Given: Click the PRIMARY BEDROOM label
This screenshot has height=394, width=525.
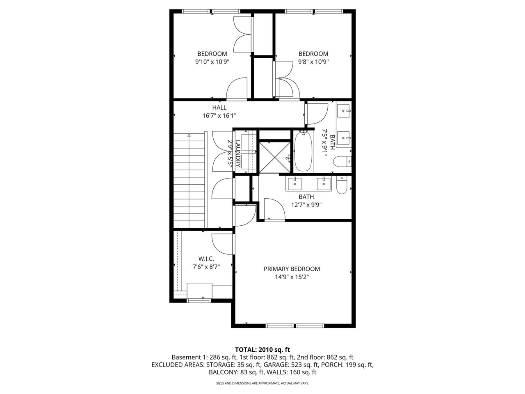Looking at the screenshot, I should tap(292, 269).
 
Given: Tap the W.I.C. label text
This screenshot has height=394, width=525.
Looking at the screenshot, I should tap(206, 259).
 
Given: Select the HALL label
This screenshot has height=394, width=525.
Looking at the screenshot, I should tap(219, 108).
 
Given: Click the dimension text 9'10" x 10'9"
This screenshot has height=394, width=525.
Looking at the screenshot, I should tap(212, 62).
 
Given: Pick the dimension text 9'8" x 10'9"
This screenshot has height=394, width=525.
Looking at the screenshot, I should tap(313, 62).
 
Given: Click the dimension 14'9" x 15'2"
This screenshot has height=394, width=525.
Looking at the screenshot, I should tap(292, 277).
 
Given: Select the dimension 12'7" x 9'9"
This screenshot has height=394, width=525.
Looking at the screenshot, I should tap(306, 205).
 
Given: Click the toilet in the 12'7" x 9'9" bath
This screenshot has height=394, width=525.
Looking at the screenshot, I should tap(342, 185).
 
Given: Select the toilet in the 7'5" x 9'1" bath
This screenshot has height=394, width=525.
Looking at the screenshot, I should tap(342, 162).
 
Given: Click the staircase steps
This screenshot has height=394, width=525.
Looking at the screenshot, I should tap(189, 181).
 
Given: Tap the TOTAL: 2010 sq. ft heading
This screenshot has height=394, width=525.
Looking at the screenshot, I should tap(262, 350).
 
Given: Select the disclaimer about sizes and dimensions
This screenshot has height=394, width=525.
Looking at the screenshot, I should tap(262, 383).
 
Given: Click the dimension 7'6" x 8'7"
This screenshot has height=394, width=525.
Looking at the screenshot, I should tap(206, 266).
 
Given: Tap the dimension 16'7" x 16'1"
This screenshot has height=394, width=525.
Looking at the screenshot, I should tap(219, 116).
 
